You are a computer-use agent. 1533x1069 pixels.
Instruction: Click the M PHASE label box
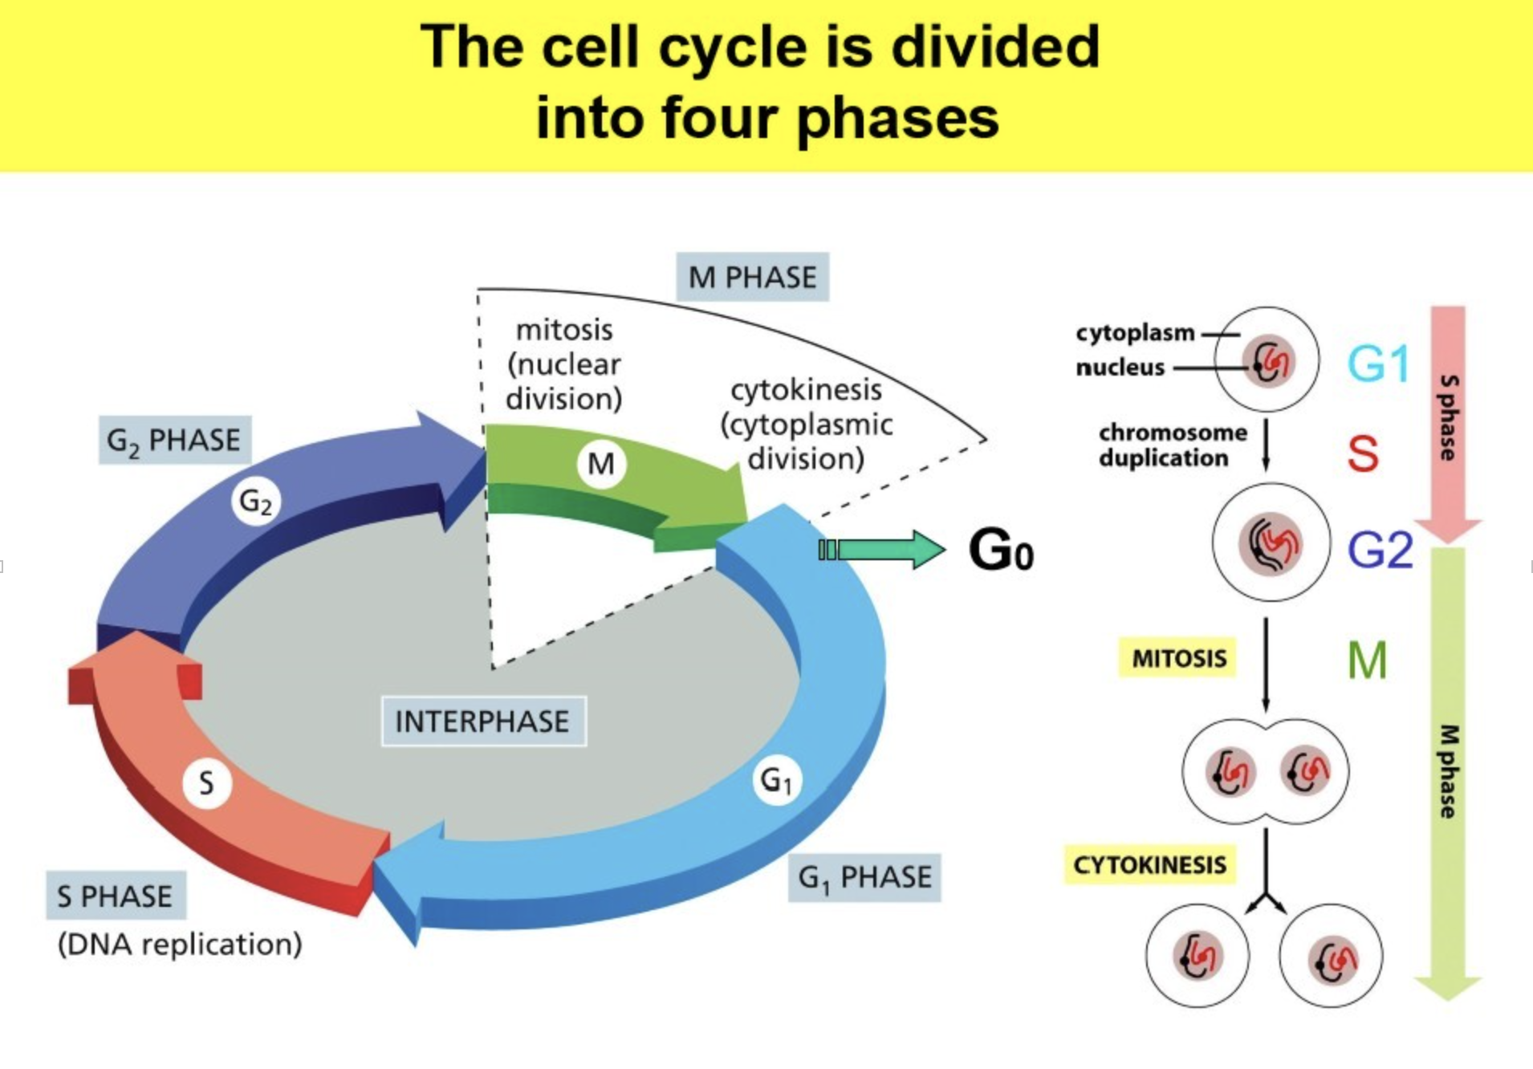click(752, 278)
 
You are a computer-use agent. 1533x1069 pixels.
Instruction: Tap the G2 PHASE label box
click(174, 441)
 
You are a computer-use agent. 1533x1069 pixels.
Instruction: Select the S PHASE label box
click(116, 896)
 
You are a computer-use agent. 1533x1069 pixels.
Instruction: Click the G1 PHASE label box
click(864, 877)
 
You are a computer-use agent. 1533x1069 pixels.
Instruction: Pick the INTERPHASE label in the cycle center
click(483, 721)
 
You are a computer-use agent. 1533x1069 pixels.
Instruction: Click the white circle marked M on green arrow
click(601, 464)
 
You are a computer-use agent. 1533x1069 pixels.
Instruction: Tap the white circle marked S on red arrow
click(207, 782)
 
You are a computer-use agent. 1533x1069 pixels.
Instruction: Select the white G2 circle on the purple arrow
click(256, 502)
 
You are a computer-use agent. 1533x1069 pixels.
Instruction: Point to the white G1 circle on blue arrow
click(776, 780)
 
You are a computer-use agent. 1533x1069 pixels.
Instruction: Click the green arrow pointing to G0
click(883, 550)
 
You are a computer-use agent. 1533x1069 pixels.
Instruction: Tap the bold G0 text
click(1000, 551)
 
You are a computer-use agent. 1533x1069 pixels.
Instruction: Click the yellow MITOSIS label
click(1178, 658)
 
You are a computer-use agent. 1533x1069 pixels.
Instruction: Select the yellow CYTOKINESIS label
click(1149, 865)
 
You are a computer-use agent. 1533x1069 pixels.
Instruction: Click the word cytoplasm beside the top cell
click(1135, 332)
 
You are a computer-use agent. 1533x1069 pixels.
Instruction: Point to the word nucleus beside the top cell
click(1120, 368)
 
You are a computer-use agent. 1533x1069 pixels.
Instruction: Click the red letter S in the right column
click(1362, 453)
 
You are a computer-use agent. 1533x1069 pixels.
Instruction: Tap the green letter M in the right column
click(1367, 661)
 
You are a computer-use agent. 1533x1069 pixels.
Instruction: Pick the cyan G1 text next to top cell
click(1377, 364)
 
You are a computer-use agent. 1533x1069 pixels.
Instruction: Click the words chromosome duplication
click(1172, 445)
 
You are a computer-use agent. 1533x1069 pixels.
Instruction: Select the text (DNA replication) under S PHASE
click(180, 944)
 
